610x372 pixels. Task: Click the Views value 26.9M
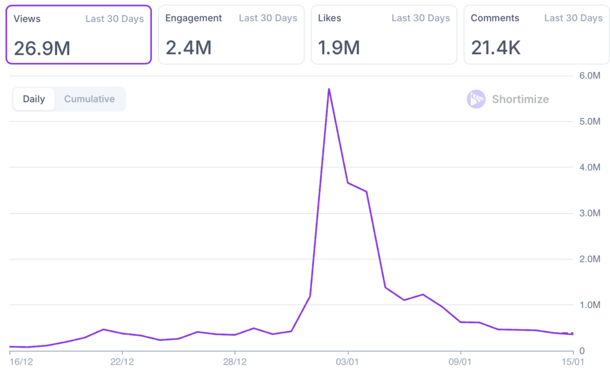tap(42, 48)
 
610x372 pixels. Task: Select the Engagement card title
tap(194, 18)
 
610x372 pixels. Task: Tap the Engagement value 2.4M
tap(188, 48)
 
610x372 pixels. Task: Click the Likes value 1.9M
tap(339, 48)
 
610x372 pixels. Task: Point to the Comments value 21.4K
tap(496, 48)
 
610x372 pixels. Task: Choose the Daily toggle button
tap(34, 99)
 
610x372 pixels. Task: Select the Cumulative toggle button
tap(89, 99)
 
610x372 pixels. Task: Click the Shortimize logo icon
tap(476, 99)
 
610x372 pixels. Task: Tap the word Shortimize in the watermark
tap(520, 99)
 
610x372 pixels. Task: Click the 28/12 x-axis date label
tap(235, 361)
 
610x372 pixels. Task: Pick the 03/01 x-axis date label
tap(348, 361)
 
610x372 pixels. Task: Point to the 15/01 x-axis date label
tap(572, 361)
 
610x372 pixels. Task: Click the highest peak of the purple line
tap(329, 89)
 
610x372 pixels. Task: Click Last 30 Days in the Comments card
tap(573, 18)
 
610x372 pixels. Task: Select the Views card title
tap(27, 18)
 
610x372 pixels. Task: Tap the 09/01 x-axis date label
tap(460, 361)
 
